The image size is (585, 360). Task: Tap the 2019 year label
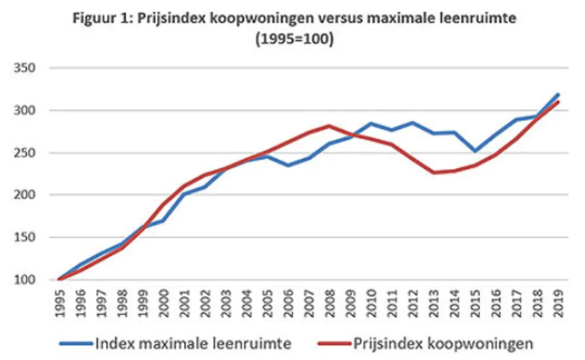(x=559, y=303)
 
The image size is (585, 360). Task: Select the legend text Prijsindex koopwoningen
(x=443, y=343)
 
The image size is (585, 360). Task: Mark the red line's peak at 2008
(x=330, y=126)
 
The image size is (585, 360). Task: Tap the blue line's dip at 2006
(x=289, y=165)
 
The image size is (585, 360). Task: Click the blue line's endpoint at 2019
(x=558, y=95)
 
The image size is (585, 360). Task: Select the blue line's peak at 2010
(x=371, y=123)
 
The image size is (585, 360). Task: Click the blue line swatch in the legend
(x=75, y=344)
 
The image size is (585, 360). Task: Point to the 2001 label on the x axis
(x=186, y=303)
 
